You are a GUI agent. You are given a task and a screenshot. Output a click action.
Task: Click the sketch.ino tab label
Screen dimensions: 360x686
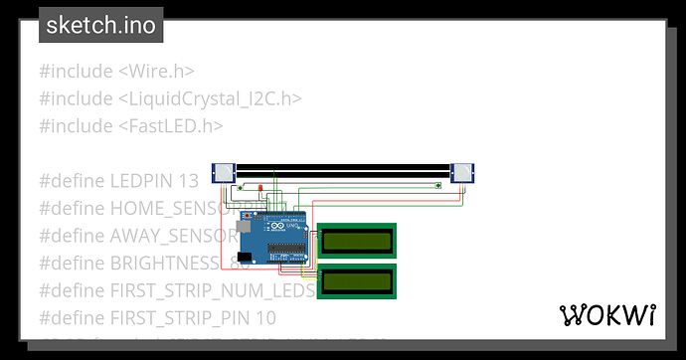pos(100,25)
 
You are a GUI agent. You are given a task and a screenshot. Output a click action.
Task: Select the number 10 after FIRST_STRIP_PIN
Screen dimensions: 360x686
pos(265,318)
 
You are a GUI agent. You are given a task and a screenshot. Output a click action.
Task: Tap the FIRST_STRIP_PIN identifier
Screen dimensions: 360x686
pos(179,318)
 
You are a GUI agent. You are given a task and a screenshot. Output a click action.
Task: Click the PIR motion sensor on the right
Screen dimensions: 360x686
pos(462,174)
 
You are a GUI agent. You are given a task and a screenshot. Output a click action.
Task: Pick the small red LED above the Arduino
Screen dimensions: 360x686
pos(260,189)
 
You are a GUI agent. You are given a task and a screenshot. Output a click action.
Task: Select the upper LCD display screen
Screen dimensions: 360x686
pos(357,240)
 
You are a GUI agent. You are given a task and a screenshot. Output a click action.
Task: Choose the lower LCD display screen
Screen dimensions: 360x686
pos(357,280)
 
